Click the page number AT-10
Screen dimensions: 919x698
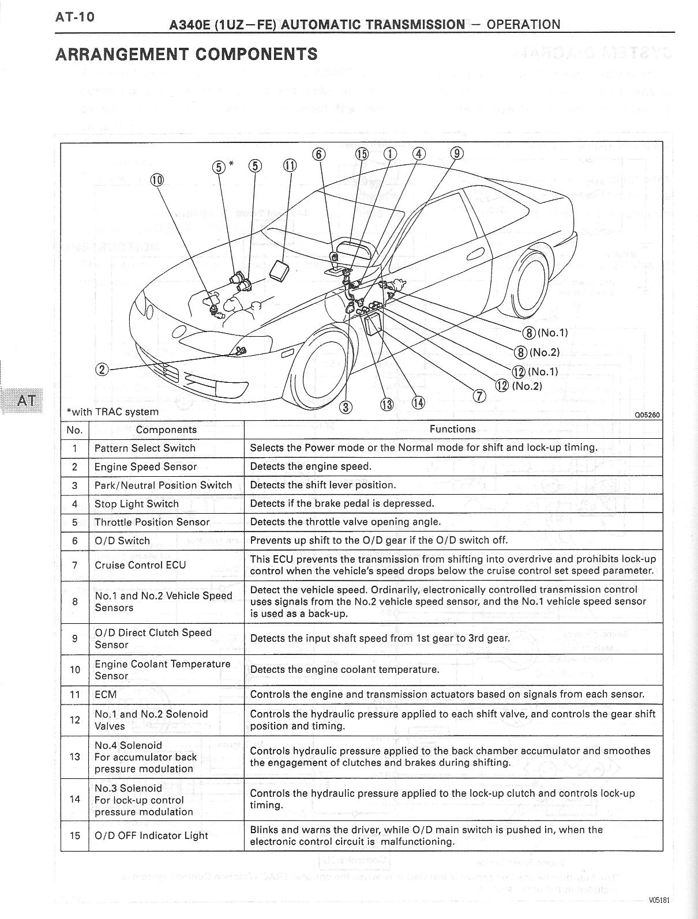[x=74, y=17]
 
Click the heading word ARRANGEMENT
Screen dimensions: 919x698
[x=121, y=55]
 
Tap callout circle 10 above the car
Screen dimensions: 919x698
[x=156, y=179]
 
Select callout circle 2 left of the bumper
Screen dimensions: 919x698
[x=102, y=370]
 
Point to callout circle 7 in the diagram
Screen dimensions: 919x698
[x=479, y=396]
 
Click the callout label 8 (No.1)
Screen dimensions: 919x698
[x=545, y=333]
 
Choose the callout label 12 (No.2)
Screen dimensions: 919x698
[x=520, y=386]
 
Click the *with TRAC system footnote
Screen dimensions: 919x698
[x=112, y=412]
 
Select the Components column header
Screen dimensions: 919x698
[x=166, y=430]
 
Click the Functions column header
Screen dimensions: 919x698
[x=453, y=429]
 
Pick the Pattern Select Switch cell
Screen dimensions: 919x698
[x=145, y=448]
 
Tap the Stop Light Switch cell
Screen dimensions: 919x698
[x=137, y=503]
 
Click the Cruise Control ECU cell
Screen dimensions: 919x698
[x=140, y=564]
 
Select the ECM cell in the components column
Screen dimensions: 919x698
[x=106, y=694]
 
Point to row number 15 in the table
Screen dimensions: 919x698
[x=74, y=835]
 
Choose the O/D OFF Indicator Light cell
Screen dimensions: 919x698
[x=151, y=835]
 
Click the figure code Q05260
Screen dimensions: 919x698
[x=647, y=415]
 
